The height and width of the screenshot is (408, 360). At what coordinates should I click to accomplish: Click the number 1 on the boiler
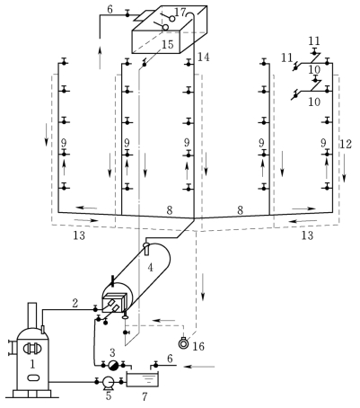coord(32,364)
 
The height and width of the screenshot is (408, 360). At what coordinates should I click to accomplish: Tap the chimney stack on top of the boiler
coord(32,315)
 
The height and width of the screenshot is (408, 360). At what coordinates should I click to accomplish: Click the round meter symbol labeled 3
coord(113,365)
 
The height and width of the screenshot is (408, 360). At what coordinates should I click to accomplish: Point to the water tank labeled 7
coord(143,379)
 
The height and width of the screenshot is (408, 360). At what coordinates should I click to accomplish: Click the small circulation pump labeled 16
coord(183,343)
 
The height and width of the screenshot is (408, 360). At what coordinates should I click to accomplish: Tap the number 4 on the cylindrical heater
coord(150,268)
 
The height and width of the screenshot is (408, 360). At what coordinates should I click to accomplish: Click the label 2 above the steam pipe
coord(75,303)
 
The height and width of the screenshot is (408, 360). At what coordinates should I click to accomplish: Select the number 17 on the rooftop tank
coord(180,13)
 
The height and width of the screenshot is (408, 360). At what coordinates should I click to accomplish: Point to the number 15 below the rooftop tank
coord(168,44)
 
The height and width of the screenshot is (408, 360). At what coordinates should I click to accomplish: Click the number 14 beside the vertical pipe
coord(204,57)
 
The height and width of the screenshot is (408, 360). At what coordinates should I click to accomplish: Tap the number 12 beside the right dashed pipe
coord(346,145)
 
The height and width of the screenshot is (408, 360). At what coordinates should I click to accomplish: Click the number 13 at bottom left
coord(79,235)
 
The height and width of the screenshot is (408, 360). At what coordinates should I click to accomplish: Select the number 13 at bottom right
coord(307,235)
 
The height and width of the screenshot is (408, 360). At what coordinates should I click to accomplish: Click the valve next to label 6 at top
coord(127,13)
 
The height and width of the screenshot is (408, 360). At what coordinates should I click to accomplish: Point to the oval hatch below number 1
coord(31,377)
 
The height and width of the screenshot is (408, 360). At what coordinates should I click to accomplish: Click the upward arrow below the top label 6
coord(101,58)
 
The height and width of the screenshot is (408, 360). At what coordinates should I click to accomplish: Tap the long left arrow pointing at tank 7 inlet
coord(199,367)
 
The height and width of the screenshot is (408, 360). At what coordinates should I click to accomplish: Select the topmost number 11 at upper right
coord(314,40)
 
